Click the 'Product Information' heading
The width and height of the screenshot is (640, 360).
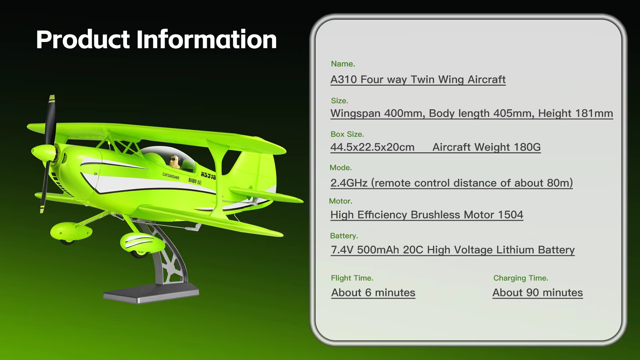click(156, 39)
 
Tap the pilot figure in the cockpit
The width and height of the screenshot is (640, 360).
click(175, 162)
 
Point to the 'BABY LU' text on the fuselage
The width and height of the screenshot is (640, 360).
click(195, 181)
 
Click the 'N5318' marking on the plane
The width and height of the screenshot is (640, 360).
click(208, 175)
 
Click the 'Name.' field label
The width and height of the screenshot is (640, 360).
click(343, 64)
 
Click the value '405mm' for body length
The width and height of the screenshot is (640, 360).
click(514, 113)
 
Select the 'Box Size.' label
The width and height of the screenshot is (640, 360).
click(347, 134)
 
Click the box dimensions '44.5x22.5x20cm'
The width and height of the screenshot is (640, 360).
click(372, 147)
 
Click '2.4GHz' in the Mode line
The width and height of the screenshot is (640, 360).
click(349, 183)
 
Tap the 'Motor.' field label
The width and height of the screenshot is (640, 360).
click(341, 201)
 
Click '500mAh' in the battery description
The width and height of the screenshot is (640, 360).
click(378, 250)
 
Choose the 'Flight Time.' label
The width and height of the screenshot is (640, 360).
click(352, 278)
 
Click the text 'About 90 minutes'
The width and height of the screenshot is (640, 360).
click(538, 293)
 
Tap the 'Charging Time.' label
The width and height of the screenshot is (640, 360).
click(521, 278)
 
